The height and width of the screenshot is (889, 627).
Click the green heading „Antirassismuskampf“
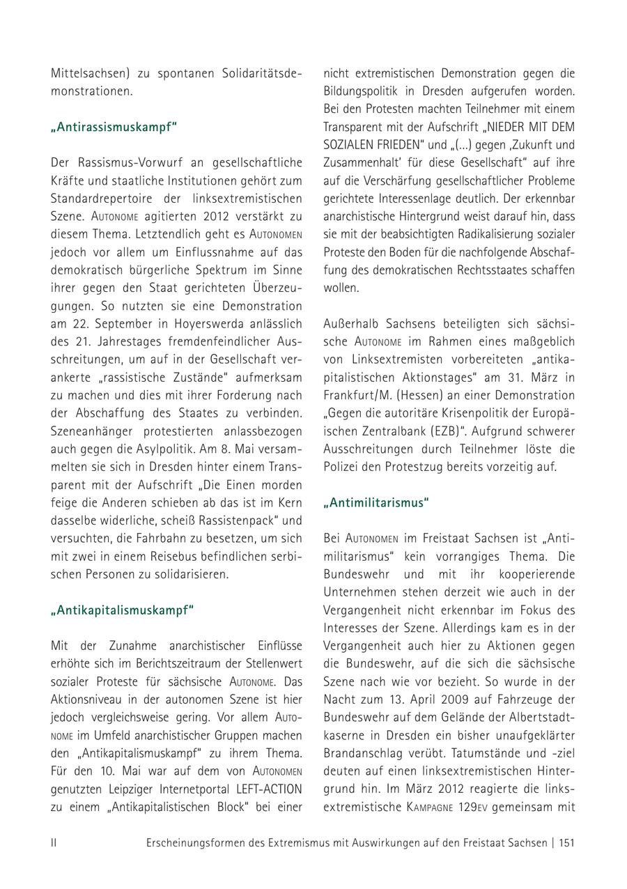pos(114,127)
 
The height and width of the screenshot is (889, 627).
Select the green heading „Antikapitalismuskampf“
pos(122,610)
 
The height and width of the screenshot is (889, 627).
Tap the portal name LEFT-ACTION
pos(260,789)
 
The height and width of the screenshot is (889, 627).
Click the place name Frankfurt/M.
pos(355,395)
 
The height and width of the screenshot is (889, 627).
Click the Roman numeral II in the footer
pos(54,843)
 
